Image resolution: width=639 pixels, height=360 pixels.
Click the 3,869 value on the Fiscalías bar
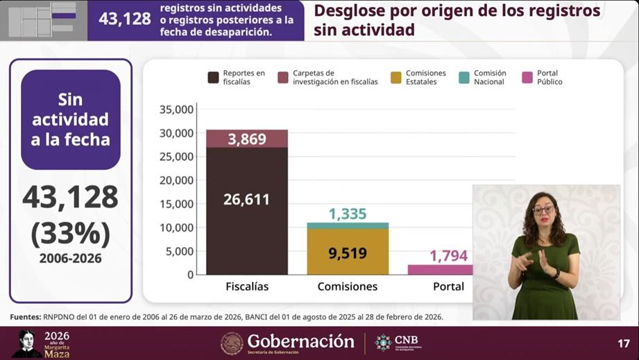(247, 139)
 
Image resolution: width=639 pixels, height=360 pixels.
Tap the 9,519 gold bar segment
(348, 252)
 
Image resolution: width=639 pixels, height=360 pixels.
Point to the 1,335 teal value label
(348, 214)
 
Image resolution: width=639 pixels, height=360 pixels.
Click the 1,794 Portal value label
(449, 256)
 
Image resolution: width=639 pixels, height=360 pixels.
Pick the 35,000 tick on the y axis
(176, 110)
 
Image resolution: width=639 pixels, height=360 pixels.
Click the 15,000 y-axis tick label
(176, 204)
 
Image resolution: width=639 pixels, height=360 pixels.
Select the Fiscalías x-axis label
(247, 286)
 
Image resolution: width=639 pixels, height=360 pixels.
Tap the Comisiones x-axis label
(348, 286)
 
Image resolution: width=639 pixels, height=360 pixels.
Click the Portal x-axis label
(448, 286)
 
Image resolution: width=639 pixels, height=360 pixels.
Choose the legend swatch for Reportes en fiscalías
(214, 77)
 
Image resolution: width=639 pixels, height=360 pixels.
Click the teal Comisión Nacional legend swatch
(464, 77)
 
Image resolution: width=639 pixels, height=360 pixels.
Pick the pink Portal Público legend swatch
(527, 77)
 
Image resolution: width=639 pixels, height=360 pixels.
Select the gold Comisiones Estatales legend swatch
(396, 77)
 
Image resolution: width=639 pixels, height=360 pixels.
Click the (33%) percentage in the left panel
(71, 234)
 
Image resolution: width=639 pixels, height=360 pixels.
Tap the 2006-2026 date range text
(71, 258)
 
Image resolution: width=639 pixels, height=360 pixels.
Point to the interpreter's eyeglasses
(543, 209)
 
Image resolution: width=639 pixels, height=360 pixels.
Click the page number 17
(624, 343)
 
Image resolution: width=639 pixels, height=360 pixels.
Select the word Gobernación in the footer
(300, 341)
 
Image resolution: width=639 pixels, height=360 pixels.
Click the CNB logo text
(402, 340)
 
